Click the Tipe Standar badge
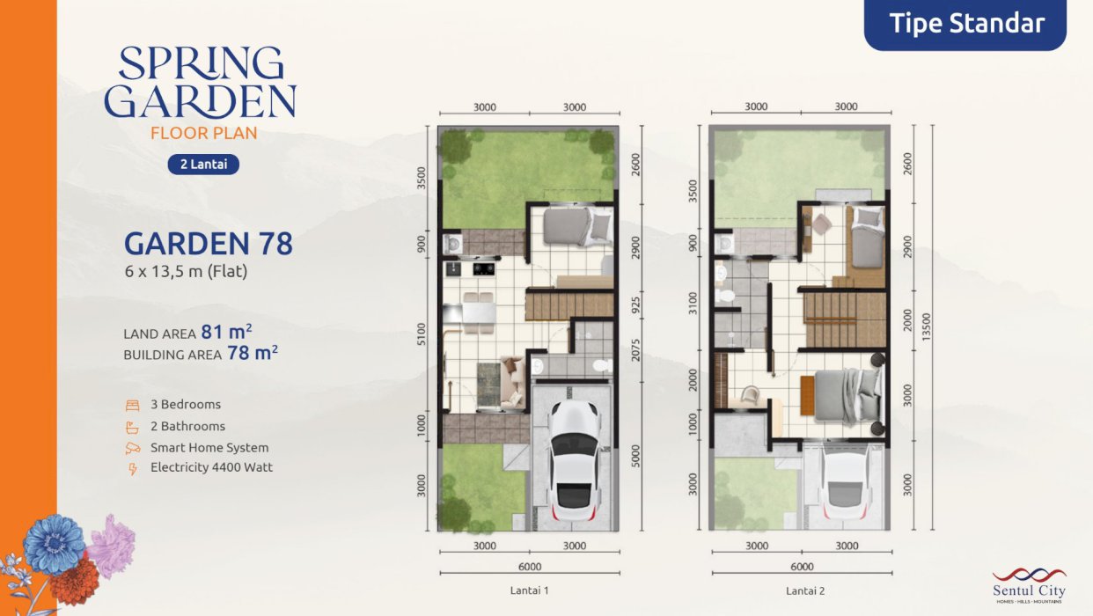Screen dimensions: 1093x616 tap(965, 24)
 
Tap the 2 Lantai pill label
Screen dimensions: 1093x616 tap(203, 164)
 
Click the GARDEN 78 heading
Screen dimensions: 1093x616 tap(209, 244)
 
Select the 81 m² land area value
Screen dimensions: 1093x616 tap(226, 332)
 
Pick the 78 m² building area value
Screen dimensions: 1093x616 tap(253, 352)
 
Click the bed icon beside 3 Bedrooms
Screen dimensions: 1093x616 tap(132, 405)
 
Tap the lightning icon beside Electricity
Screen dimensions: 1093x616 tap(132, 468)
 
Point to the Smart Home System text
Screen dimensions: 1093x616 tap(209, 448)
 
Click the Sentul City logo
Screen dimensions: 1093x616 tap(1029, 585)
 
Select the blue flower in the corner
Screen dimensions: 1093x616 tap(54, 543)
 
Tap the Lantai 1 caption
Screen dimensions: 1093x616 tap(530, 590)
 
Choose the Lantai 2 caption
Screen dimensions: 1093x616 tap(805, 591)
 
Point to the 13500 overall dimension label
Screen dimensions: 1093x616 tap(927, 327)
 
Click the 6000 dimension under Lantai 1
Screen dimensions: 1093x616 tap(530, 567)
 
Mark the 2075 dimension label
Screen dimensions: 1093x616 tap(635, 350)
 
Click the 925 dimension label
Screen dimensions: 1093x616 tap(635, 305)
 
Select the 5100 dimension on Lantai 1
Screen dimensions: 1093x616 tap(422, 334)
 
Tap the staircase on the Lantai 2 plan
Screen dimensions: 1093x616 tap(845, 319)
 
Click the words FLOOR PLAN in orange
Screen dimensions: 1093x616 tap(203, 133)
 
